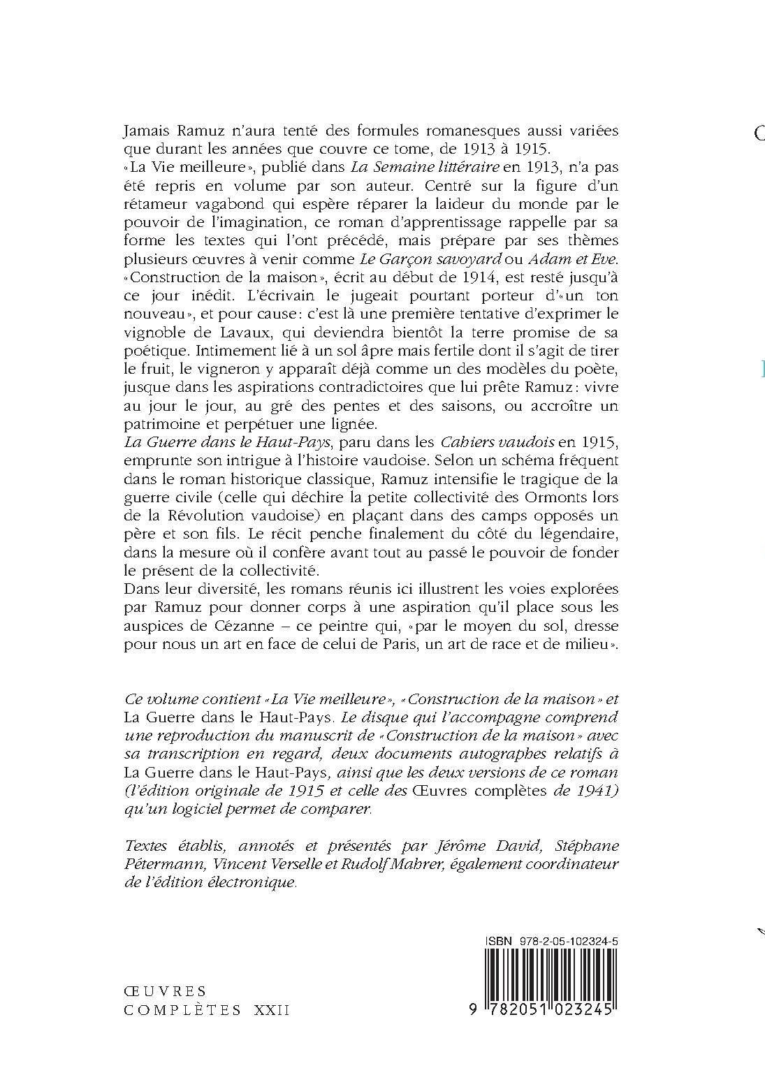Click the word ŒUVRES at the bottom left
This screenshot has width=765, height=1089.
pyautogui.click(x=166, y=991)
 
